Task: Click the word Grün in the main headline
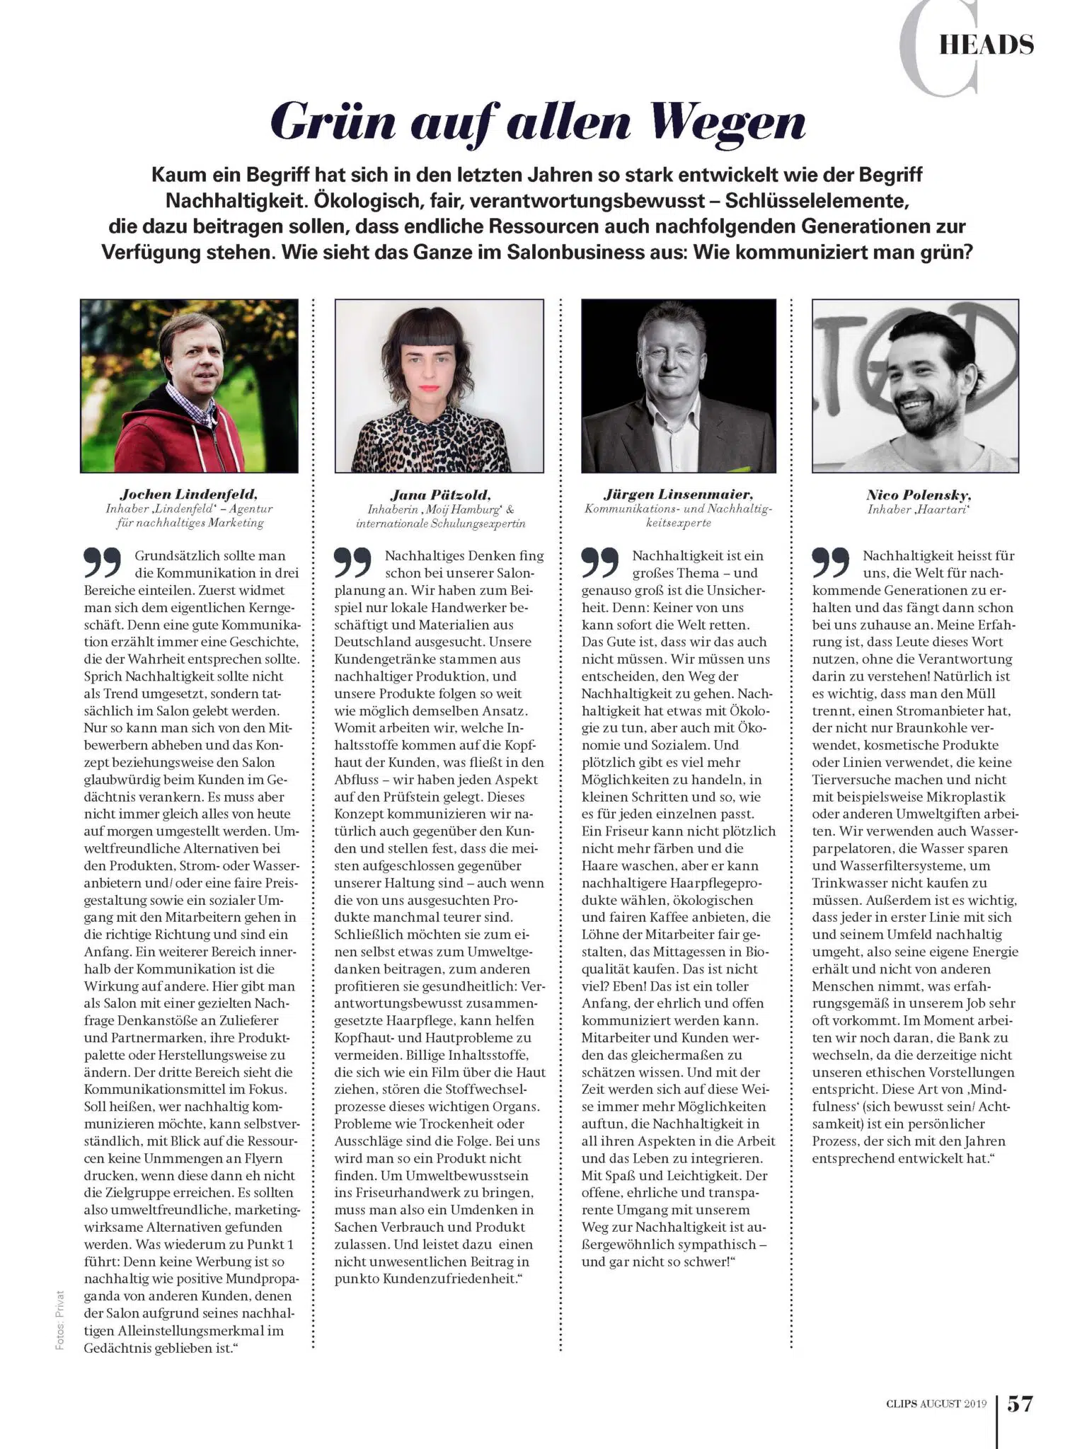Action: (x=333, y=122)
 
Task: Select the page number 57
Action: (x=1020, y=1403)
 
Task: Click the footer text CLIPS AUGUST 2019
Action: (x=936, y=1404)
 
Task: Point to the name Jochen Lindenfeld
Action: (x=188, y=494)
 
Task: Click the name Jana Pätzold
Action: (x=440, y=495)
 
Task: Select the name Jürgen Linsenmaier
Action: (x=678, y=494)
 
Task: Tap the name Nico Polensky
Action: (x=919, y=495)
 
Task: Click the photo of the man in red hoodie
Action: (x=189, y=386)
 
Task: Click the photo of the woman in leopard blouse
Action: (x=439, y=386)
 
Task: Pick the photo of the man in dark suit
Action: (x=679, y=386)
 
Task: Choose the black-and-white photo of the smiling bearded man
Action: (x=916, y=386)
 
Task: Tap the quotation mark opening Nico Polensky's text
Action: (x=831, y=562)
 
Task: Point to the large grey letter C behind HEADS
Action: (x=938, y=50)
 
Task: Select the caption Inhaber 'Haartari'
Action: (x=919, y=509)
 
